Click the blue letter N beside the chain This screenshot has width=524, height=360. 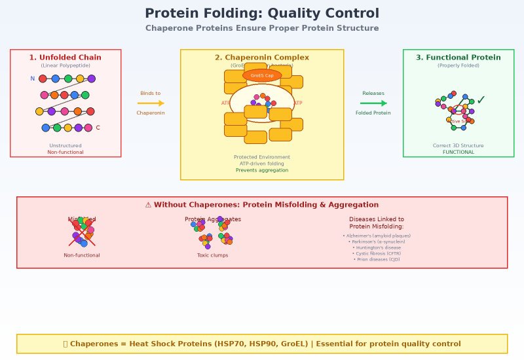point(32,79)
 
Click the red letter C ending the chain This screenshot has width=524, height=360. point(98,128)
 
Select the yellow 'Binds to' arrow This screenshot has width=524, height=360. point(151,103)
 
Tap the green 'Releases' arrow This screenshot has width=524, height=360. point(373,103)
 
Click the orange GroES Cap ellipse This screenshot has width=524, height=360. point(262,75)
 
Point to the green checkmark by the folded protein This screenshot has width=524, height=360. point(481,100)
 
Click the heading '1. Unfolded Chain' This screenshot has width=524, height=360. point(65,58)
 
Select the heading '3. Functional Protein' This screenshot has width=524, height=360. point(458,58)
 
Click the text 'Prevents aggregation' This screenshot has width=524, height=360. point(262,170)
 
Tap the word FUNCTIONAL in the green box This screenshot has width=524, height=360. point(458,152)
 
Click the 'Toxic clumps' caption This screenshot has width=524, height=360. point(213,255)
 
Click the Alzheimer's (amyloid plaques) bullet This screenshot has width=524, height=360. point(377,236)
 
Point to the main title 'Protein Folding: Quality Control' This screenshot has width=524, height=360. point(262,14)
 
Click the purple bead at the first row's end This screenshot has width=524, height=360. point(92,79)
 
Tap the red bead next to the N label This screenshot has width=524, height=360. point(43,79)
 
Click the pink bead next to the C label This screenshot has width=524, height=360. point(88,128)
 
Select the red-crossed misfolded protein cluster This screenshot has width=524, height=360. point(82,232)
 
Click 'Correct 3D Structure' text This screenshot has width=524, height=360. point(458,145)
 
